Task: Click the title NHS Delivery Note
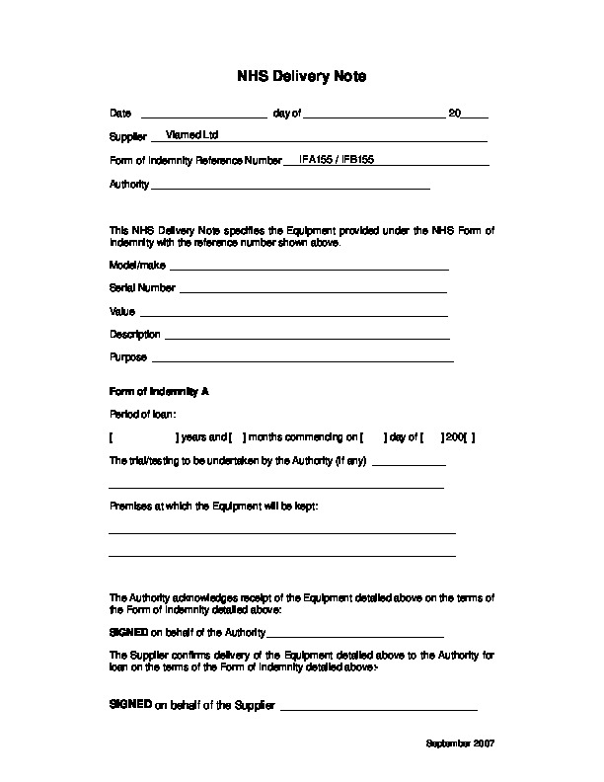coord(301,76)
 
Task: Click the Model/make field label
coord(137,266)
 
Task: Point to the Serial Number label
coord(142,288)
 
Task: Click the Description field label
coord(135,335)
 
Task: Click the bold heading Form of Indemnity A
coord(158,391)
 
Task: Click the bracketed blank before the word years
coord(143,436)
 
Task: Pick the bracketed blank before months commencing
coord(238,436)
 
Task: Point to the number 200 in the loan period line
coord(454,436)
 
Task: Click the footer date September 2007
coord(460,742)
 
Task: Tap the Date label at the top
coord(119,115)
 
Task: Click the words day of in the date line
coord(286,115)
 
